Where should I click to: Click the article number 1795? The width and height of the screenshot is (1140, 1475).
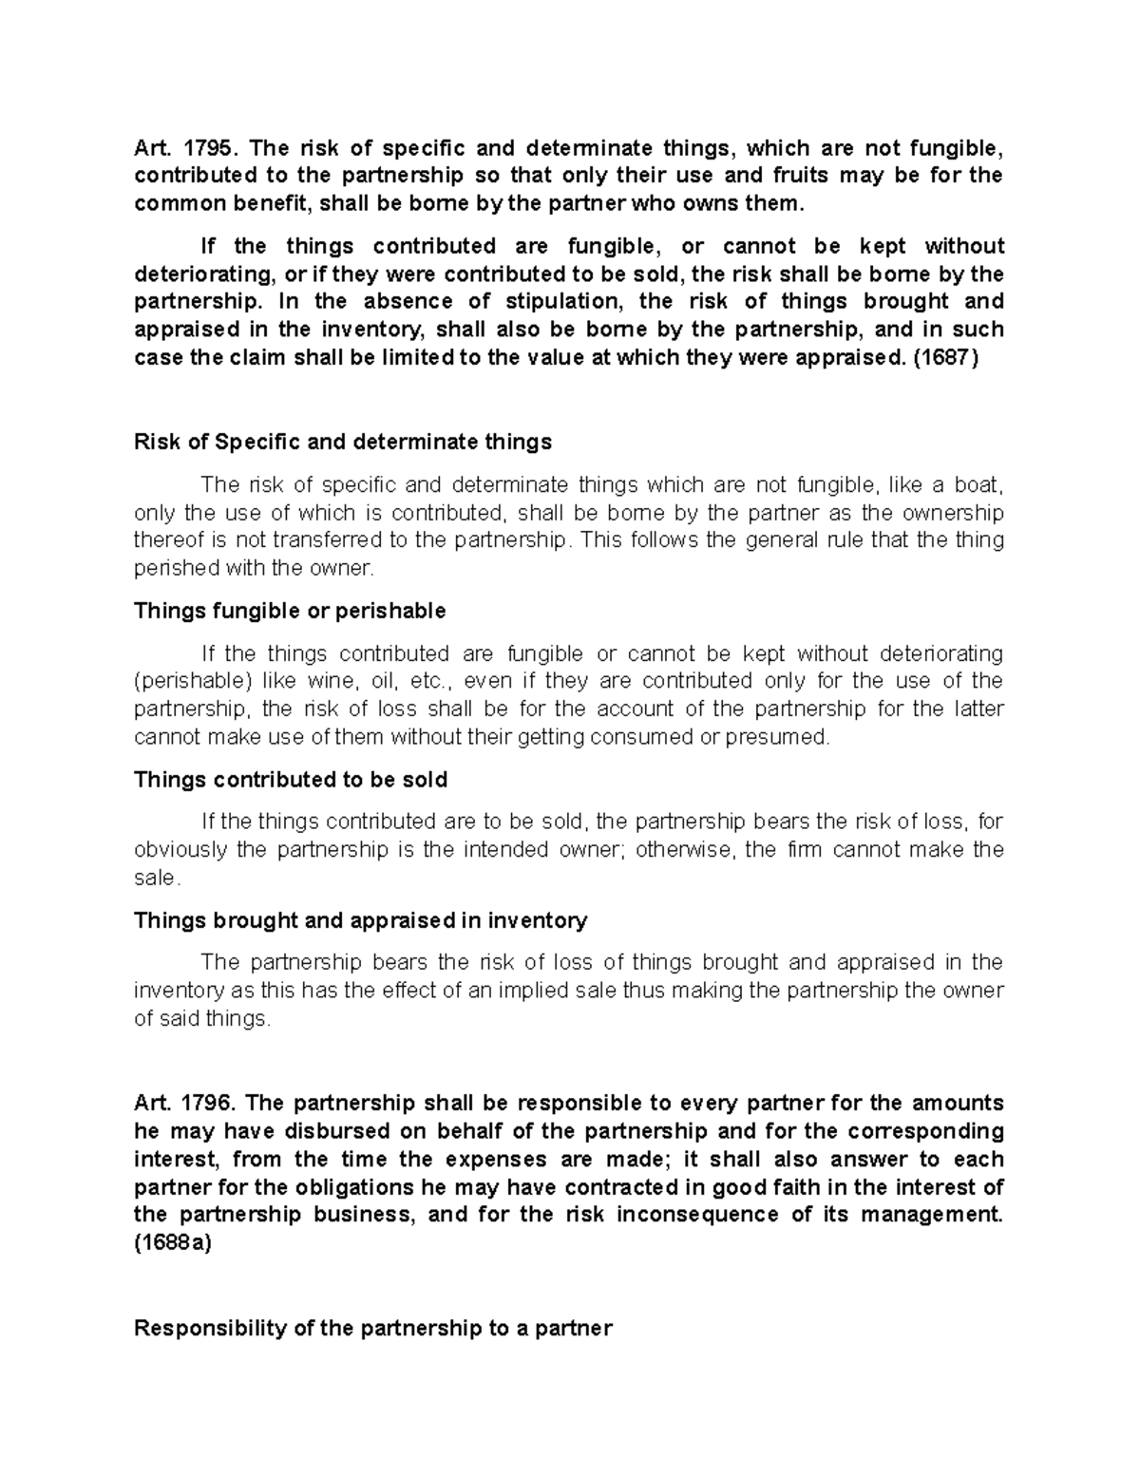click(206, 148)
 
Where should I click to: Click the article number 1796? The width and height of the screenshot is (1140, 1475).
click(206, 1104)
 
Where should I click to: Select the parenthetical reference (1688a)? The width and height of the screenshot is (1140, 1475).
click(173, 1243)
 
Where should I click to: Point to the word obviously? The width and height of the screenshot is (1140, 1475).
click(180, 849)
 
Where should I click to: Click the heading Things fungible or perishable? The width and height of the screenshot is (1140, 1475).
click(290, 611)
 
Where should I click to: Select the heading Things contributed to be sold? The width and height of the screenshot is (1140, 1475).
click(291, 780)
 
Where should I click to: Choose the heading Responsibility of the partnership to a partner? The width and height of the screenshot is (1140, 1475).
click(373, 1328)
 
